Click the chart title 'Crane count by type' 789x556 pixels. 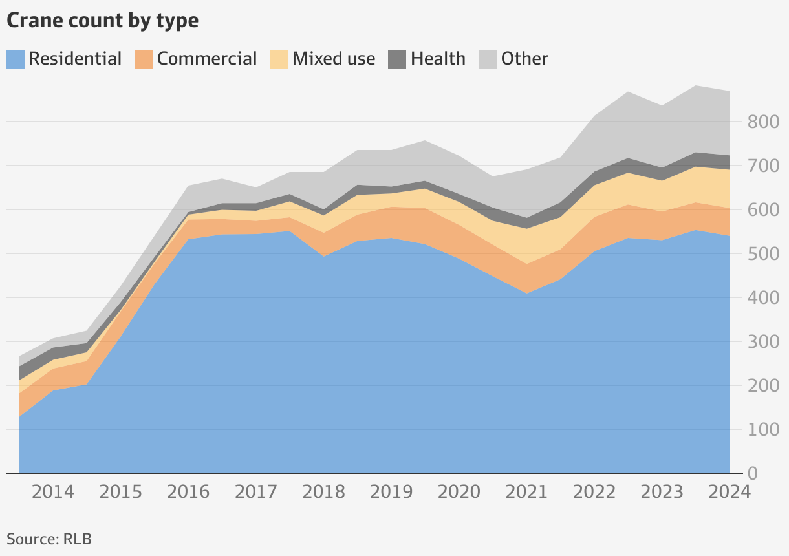click(102, 21)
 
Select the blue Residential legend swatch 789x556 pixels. click(16, 59)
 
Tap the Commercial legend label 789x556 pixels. click(206, 59)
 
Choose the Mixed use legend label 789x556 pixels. click(333, 59)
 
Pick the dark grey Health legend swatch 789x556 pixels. click(397, 59)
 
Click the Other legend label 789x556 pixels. click(524, 59)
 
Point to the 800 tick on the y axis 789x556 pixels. click(759, 122)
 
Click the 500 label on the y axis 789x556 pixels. click(759, 254)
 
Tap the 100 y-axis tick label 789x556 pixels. click(759, 430)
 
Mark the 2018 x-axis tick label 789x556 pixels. click(323, 492)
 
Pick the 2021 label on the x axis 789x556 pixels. click(526, 492)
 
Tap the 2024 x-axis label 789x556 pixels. click(729, 492)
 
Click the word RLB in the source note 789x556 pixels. click(78, 539)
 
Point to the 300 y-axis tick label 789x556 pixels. click(759, 342)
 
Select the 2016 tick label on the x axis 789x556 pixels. click(188, 492)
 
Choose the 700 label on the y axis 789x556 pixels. click(759, 166)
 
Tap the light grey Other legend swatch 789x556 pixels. click(487, 59)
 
